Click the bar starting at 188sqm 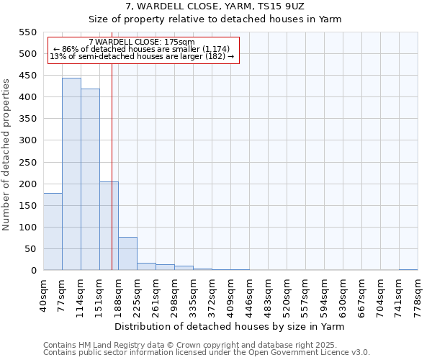127,253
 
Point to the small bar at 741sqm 408,269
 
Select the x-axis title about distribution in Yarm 229,327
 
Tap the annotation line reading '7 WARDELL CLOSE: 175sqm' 142,42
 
